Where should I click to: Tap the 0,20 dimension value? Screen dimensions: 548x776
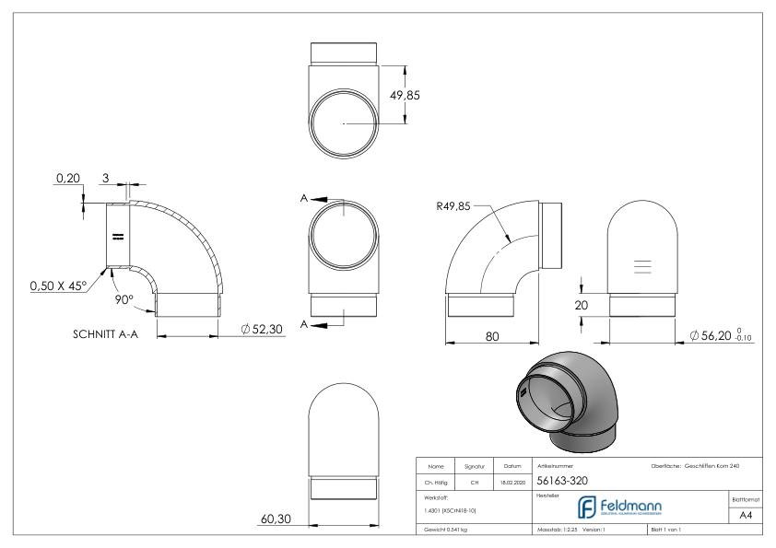[x=66, y=179]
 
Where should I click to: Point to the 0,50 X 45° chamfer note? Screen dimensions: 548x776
[x=45, y=286]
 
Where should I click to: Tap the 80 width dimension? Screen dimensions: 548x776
[x=493, y=337]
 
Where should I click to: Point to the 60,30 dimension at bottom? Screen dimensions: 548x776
[x=275, y=519]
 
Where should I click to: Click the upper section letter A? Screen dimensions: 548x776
[x=303, y=197]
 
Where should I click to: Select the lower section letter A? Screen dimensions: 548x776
[x=303, y=324]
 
